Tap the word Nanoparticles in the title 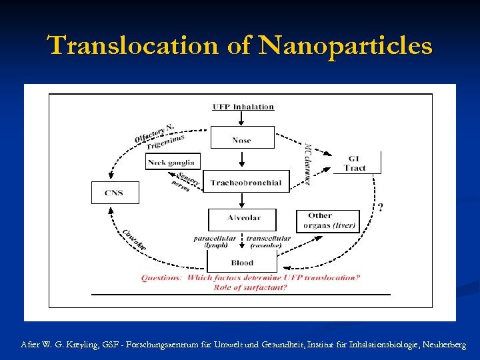point(345,46)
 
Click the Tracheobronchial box point(246,182)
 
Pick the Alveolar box point(243,219)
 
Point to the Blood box point(242,263)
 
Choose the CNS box point(115,193)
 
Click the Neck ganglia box point(172,162)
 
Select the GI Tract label point(355,163)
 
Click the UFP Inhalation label point(243,107)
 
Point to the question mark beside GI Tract point(380,207)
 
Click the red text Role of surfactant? point(250,287)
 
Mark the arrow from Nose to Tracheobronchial point(242,160)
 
